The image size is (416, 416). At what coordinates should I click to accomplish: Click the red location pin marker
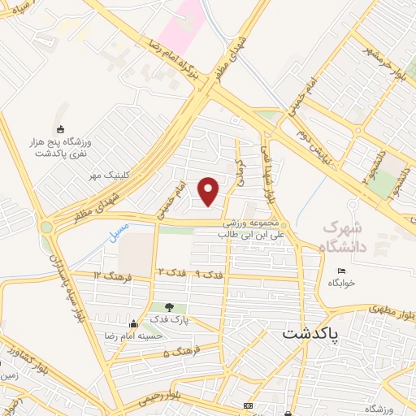point(209,191)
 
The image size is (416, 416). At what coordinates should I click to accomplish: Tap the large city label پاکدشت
point(323,334)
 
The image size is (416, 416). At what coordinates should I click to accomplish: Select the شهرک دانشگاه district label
point(344,235)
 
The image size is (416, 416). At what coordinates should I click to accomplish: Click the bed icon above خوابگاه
point(341,271)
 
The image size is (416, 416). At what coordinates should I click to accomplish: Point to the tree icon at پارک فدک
point(169,307)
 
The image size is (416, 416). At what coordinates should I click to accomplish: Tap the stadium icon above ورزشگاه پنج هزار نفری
point(58,129)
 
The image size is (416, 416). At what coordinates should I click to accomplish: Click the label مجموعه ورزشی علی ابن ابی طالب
point(253,228)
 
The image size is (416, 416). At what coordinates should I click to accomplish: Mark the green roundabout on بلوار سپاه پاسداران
point(48,227)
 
